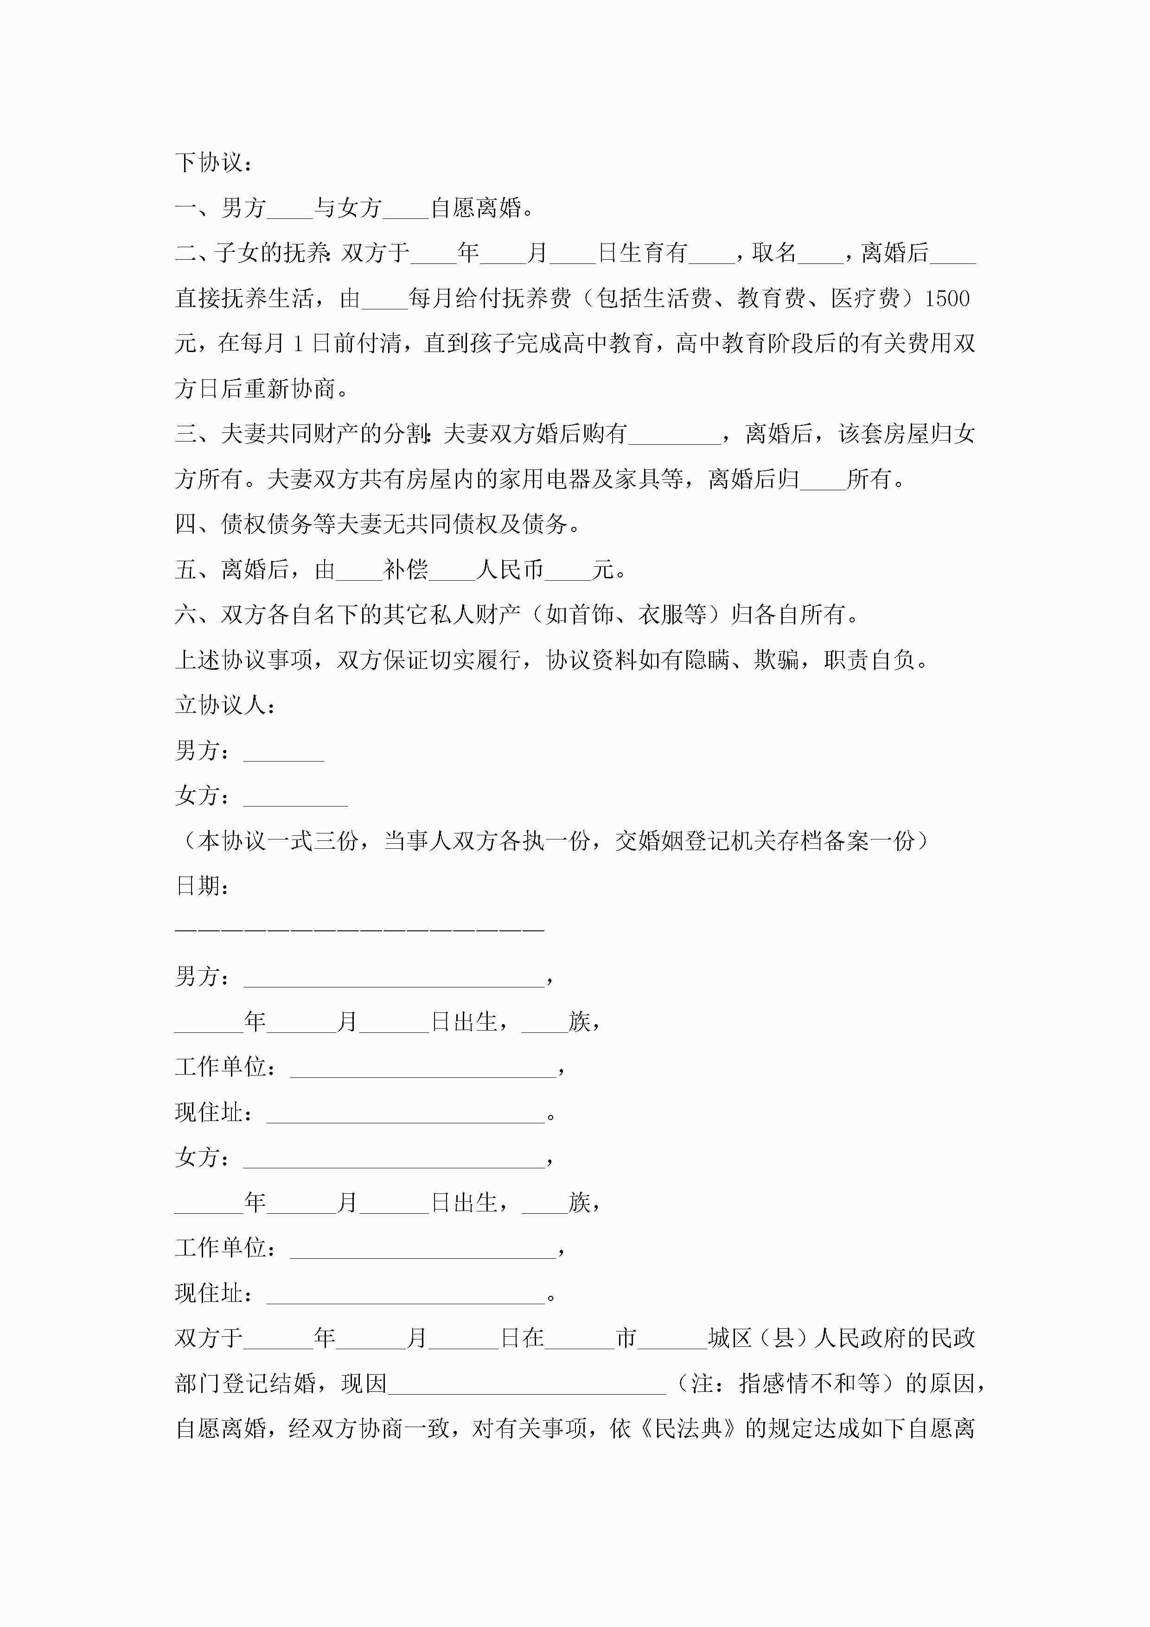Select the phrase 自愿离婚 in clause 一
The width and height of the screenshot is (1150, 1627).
[x=476, y=208]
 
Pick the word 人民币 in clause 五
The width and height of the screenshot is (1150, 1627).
[x=510, y=570]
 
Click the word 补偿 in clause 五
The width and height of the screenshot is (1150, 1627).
[x=406, y=570]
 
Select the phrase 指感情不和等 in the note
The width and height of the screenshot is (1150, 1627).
[x=810, y=1383]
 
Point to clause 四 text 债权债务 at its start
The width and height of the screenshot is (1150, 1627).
[x=267, y=525]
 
